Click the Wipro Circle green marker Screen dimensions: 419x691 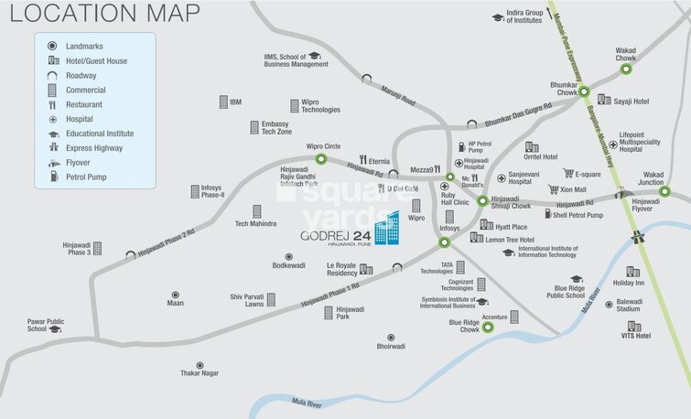tap(321, 158)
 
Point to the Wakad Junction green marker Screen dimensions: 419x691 tap(665, 191)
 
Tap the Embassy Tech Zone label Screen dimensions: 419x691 tap(275, 127)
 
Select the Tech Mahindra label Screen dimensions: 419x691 tap(255, 224)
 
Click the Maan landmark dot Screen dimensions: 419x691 tap(175, 295)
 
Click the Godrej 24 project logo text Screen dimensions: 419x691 tap(336, 234)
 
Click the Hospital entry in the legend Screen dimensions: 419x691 tap(83, 119)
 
